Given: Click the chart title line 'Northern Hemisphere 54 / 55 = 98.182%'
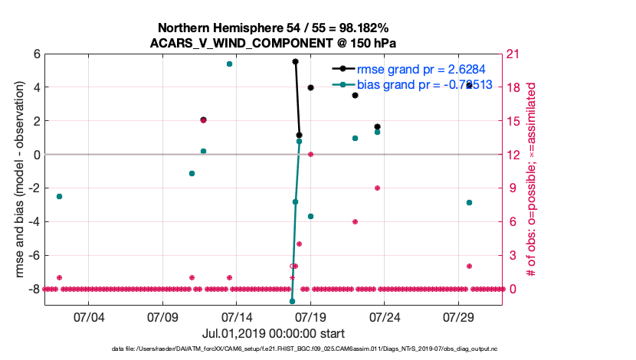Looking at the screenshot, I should (273, 28).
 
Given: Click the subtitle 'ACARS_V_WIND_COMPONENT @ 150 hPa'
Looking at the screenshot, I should (273, 43).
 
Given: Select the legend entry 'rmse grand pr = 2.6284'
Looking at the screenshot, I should (421, 69).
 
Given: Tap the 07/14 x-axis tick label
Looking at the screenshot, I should (237, 316).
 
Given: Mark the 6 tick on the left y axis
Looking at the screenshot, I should (36, 54).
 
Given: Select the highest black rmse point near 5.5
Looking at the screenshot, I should (295, 61).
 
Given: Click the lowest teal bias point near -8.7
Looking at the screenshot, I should (292, 301).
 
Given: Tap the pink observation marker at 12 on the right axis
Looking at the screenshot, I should (310, 155).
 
